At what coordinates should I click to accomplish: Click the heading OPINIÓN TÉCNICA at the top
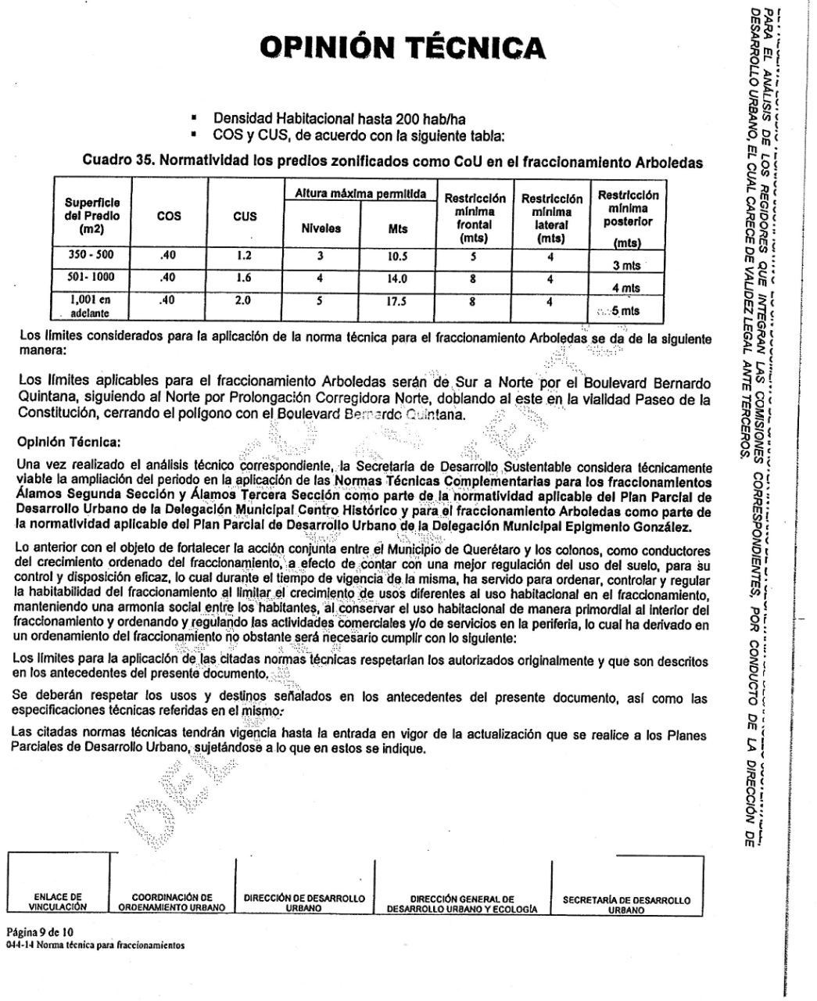(403, 48)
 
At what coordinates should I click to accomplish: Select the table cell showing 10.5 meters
(398, 257)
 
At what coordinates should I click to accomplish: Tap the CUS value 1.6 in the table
(245, 278)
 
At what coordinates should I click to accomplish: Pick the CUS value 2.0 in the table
(245, 300)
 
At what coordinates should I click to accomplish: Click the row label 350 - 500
(91, 255)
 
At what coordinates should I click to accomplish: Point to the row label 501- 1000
(91, 277)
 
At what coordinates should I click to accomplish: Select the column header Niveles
(321, 229)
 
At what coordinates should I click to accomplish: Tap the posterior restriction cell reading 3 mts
(626, 266)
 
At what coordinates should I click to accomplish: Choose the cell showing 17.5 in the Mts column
(398, 301)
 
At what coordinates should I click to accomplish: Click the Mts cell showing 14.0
(398, 278)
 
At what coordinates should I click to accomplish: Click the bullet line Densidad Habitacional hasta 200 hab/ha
(339, 120)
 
